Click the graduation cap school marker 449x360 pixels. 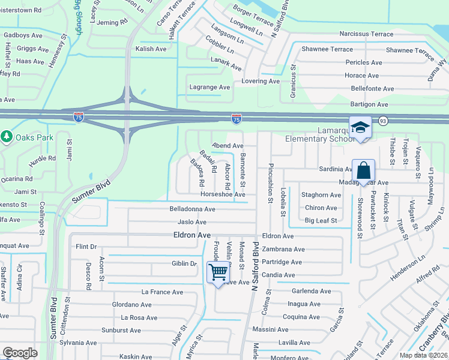tap(360, 128)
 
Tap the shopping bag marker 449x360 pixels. tap(364, 170)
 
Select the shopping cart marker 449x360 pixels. tap(218, 272)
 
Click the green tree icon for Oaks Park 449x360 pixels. tap(7, 137)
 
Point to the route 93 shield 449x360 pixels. tap(382, 122)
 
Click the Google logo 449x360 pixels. tap(20, 352)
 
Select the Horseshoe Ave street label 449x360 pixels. tap(223, 194)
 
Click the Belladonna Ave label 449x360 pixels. tap(192, 209)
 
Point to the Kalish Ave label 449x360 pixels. tap(151, 49)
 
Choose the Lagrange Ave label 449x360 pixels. tap(209, 87)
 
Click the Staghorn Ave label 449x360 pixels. tap(321, 195)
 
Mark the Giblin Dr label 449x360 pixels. tap(184, 263)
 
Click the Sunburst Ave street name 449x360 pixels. tap(121, 330)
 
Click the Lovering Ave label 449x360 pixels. tap(261, 81)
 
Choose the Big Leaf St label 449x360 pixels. tap(321, 221)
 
